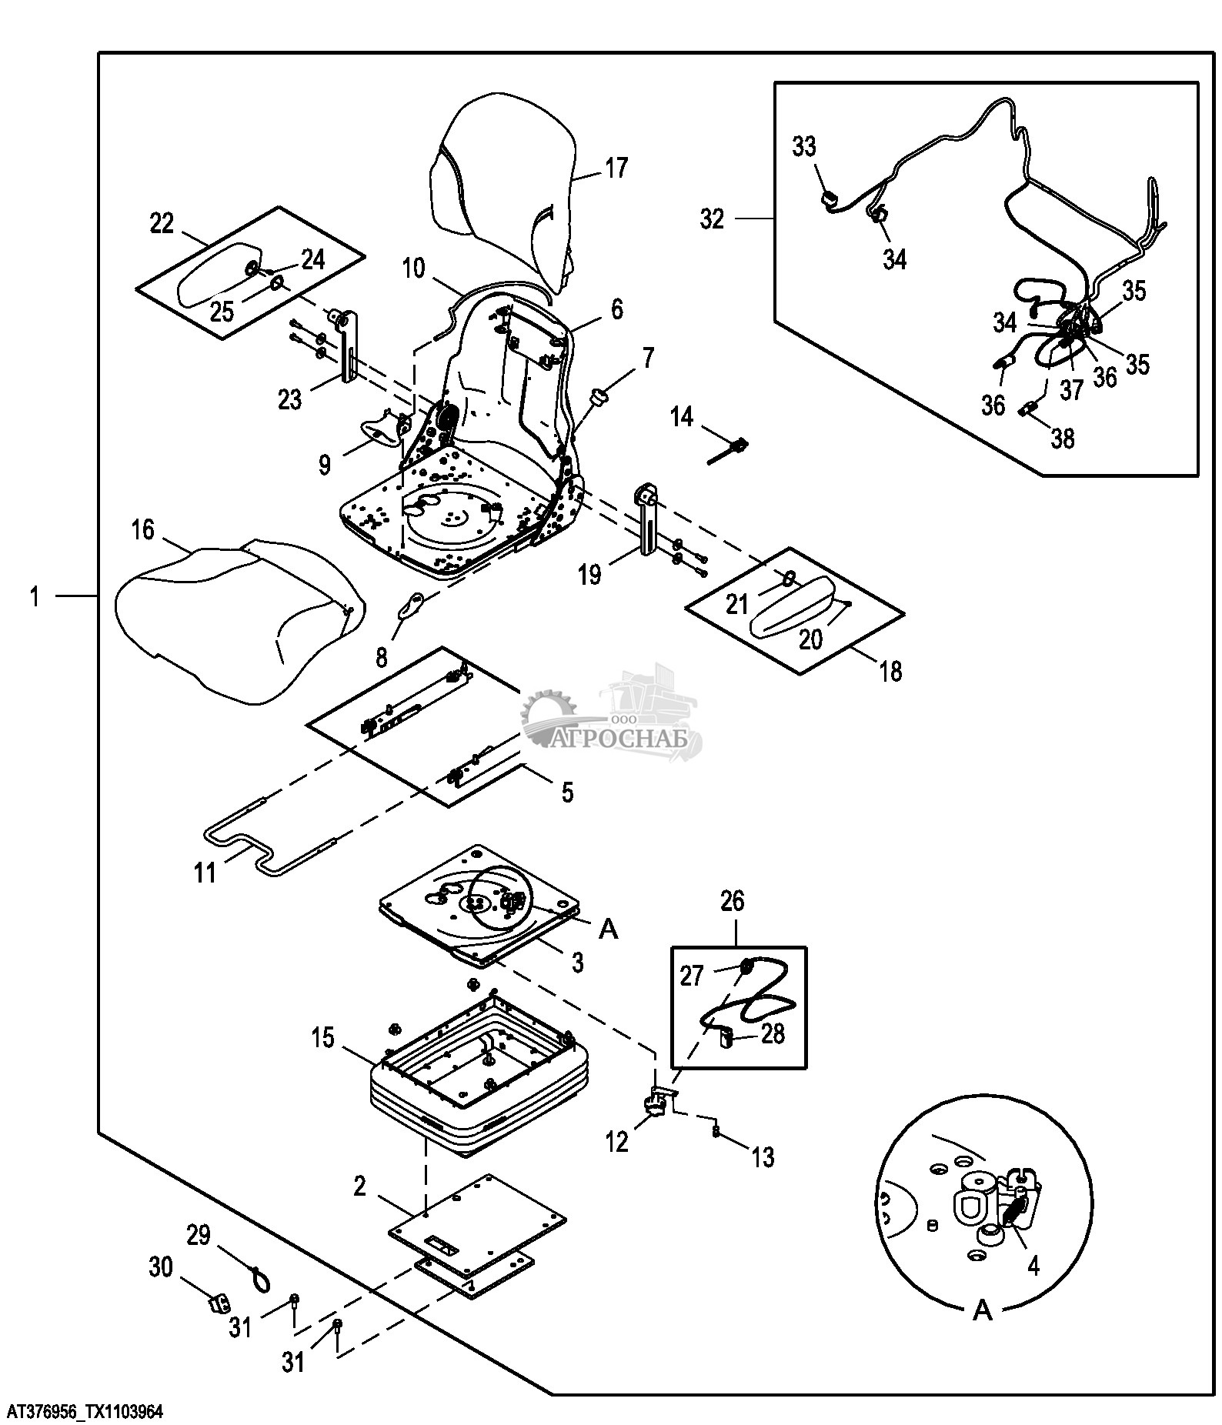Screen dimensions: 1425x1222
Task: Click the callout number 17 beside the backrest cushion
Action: (616, 168)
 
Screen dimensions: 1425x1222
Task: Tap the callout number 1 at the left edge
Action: (34, 596)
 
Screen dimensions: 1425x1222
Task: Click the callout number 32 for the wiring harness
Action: (713, 219)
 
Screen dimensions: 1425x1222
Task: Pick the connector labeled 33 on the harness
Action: (826, 201)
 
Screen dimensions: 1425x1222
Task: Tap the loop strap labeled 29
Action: (258, 1277)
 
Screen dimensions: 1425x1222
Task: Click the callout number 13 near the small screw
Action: (763, 1157)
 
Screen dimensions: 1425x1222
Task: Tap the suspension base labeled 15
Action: (477, 1085)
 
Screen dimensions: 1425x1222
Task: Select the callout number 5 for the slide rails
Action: (567, 793)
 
